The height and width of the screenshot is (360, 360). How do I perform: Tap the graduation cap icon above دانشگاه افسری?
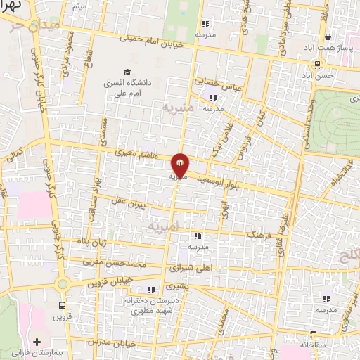tap(127, 72)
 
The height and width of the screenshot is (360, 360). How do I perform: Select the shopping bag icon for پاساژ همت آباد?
tap(327, 37)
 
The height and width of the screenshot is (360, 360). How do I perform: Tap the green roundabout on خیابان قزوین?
tap(62, 283)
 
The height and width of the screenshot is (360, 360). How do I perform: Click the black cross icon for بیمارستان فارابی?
tap(37, 342)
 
